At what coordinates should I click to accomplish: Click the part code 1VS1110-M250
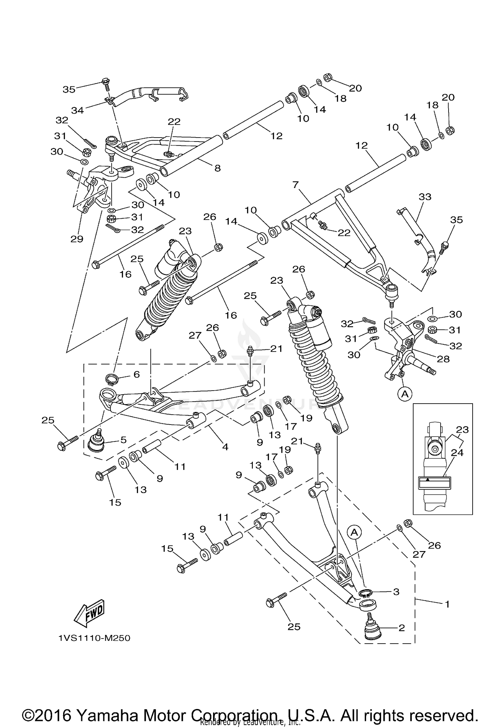pos(94,638)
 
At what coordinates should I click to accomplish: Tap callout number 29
pos(76,239)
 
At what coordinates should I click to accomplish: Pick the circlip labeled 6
pos(112,379)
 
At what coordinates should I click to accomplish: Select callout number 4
pos(225,447)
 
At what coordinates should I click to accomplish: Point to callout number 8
pos(217,168)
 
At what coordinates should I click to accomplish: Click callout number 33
pos(425,197)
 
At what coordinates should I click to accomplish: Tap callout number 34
pos(77,110)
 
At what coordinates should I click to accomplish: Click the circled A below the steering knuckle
pos(404,394)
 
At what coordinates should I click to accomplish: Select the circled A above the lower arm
pos(354,533)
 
